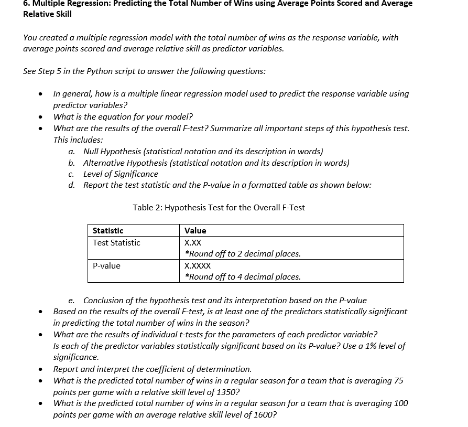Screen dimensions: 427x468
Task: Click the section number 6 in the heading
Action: [x=26, y=3]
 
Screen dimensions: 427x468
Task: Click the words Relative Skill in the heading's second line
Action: [x=47, y=14]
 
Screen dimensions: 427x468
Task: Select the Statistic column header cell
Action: [x=108, y=231]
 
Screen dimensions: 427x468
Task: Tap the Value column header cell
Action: [x=195, y=231]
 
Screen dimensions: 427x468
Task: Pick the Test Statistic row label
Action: [x=116, y=243]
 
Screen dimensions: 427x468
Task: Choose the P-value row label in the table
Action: [x=106, y=266]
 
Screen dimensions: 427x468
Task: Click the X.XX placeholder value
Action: [x=193, y=243]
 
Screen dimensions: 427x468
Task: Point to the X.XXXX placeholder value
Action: [x=198, y=266]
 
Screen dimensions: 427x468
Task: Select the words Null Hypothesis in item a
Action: [x=112, y=151]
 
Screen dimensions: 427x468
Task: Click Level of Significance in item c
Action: [x=121, y=174]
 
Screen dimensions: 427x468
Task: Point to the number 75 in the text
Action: [x=398, y=380]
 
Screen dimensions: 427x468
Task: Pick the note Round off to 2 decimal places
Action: [x=243, y=254]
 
